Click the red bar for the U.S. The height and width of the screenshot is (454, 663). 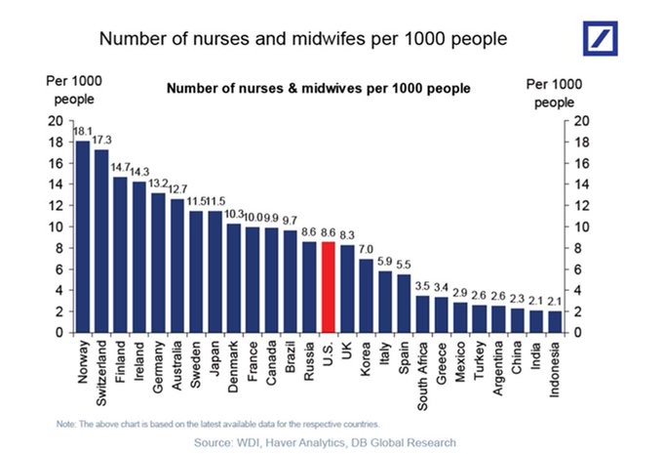[328, 287]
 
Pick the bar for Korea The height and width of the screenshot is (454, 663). [366, 296]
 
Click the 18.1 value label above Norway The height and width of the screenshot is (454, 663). [84, 131]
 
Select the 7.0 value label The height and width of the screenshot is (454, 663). [366, 249]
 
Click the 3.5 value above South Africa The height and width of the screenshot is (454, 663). [422, 286]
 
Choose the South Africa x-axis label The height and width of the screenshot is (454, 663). [422, 377]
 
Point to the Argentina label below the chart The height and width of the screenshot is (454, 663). [497, 369]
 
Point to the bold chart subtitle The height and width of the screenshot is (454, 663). [319, 88]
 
